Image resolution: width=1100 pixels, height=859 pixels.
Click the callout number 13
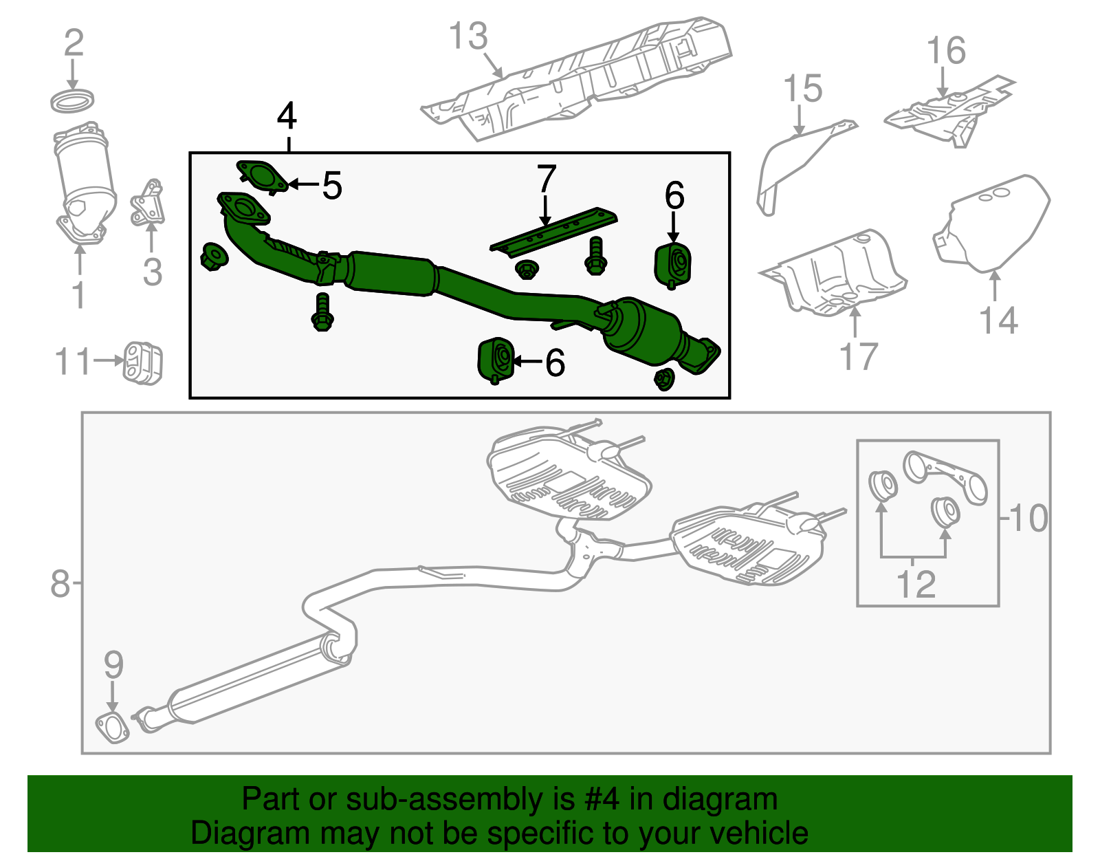468,36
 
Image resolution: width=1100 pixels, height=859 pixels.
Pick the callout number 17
859,356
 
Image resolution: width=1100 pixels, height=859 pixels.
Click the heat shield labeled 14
993,223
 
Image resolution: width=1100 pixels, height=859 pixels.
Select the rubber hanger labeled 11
143,362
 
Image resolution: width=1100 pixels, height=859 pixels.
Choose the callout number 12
916,585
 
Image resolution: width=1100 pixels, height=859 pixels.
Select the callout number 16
946,51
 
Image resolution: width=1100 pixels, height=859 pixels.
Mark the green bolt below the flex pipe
322,313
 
